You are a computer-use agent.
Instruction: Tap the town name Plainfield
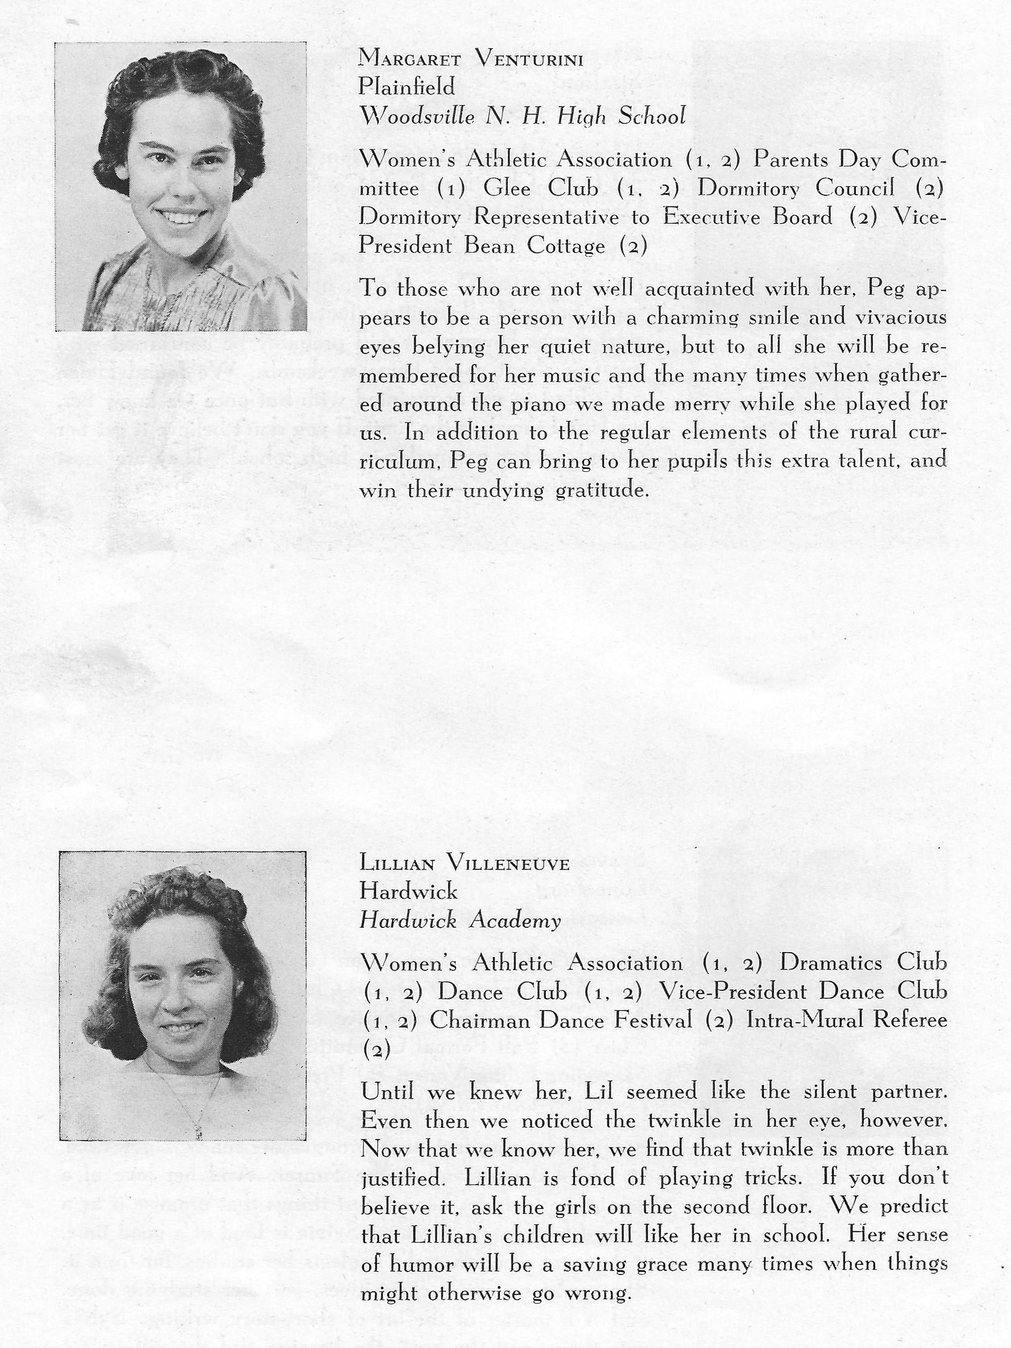tap(407, 87)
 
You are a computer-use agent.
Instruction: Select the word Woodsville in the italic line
tap(417, 116)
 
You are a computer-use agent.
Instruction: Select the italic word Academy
tap(514, 920)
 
